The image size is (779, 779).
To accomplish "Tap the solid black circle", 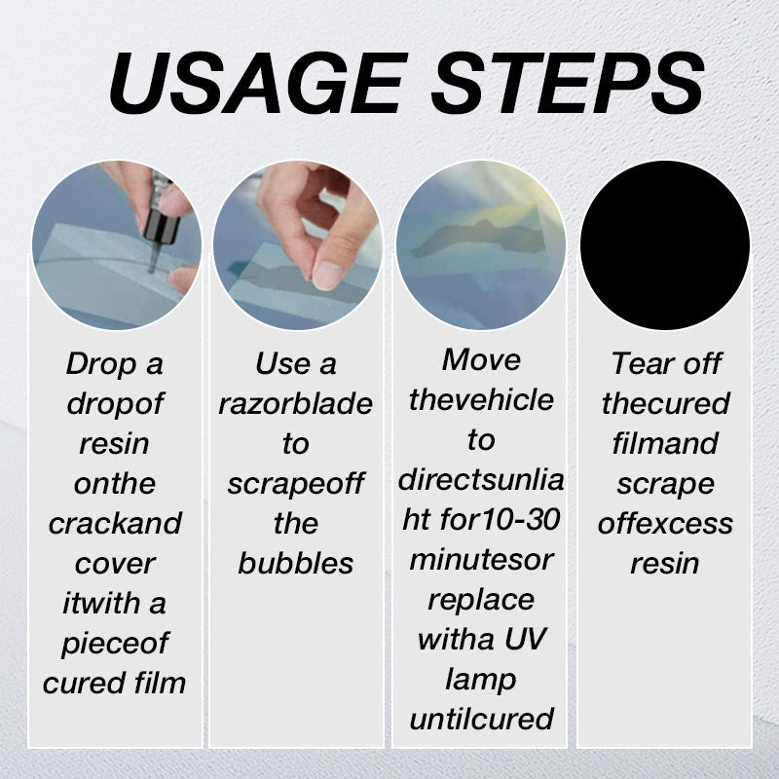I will click(665, 245).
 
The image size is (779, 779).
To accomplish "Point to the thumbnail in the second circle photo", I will click(328, 275).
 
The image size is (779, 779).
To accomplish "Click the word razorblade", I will click(295, 404).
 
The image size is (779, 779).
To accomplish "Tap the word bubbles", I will click(295, 564).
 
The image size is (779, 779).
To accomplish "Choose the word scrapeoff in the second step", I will click(295, 484).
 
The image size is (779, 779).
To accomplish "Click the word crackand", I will click(115, 524).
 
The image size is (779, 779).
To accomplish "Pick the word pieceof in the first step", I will click(115, 644).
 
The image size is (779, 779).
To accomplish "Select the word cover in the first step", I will click(115, 564).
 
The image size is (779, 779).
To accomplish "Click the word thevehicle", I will click(481, 400).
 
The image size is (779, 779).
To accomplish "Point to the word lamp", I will click(481, 680).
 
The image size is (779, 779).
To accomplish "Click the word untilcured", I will click(481, 720).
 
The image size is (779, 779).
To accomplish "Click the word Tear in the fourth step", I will click(638, 364).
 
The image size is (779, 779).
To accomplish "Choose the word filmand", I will click(665, 444).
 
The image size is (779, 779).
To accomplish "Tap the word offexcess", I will click(665, 524).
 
